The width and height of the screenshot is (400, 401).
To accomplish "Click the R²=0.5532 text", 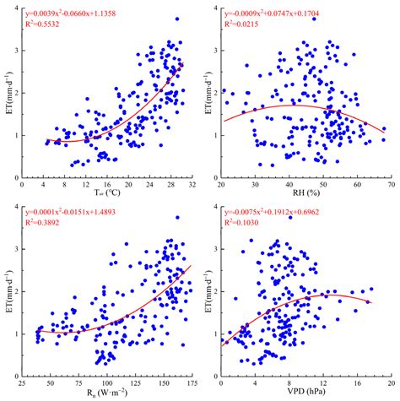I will pos(48,28).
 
